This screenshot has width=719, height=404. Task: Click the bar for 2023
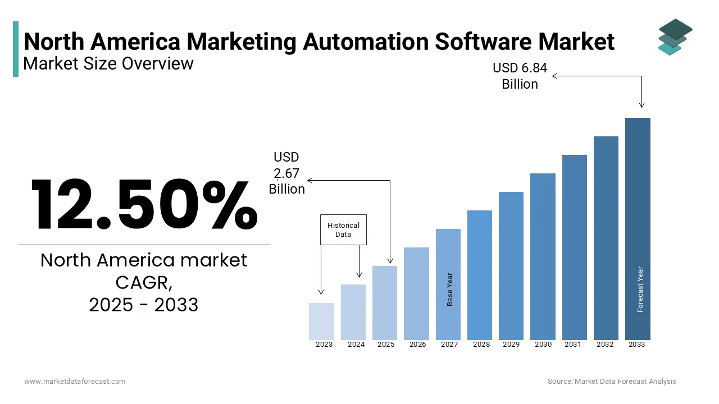coord(321,322)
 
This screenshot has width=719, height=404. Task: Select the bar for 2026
coord(416,293)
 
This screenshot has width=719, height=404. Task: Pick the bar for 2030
coord(543,256)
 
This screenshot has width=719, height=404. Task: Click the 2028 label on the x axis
coord(481,345)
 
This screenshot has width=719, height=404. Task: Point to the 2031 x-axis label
coord(573,345)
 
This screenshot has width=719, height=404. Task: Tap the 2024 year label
coord(356,345)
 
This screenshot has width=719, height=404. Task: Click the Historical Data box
coord(343,229)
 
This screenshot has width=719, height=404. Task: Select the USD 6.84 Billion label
coord(520,76)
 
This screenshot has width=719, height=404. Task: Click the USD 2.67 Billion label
coord(286,173)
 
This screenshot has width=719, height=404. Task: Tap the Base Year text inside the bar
coord(450,290)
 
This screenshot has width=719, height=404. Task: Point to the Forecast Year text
coord(640,289)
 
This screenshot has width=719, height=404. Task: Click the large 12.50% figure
coord(144,205)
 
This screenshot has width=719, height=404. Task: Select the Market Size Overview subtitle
coord(108,63)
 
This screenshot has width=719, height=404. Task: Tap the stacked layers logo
coord(675,37)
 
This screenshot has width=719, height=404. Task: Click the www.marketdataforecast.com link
coord(75,381)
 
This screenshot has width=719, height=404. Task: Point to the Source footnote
coord(612,381)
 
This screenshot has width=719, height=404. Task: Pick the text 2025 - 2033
coord(143,305)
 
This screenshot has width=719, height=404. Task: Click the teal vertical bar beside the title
coord(16,49)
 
